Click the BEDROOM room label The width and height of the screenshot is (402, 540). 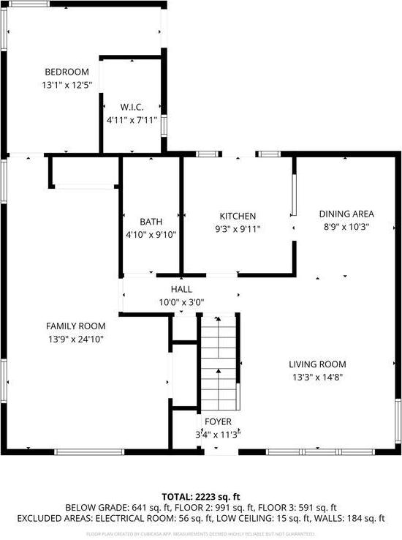[x=67, y=72]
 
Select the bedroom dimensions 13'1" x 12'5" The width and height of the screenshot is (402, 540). [x=67, y=85]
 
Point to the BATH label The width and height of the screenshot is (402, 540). [x=151, y=222]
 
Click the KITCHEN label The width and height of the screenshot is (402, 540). [x=238, y=216]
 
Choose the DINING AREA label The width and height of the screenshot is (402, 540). [x=346, y=214]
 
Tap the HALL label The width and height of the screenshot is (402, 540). [x=181, y=290]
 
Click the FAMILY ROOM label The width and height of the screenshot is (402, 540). [x=76, y=326]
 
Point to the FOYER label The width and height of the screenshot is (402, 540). [x=218, y=422]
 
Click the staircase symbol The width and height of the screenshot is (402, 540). [x=219, y=362]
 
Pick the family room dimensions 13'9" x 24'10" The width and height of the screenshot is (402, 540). [x=76, y=339]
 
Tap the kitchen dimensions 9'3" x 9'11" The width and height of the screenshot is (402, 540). [x=238, y=229]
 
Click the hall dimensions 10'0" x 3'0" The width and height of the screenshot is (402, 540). [x=181, y=301]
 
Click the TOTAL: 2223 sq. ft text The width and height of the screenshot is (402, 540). [x=201, y=496]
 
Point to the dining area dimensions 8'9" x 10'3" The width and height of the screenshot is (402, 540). [x=346, y=227]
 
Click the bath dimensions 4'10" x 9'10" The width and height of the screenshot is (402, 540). [x=151, y=235]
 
